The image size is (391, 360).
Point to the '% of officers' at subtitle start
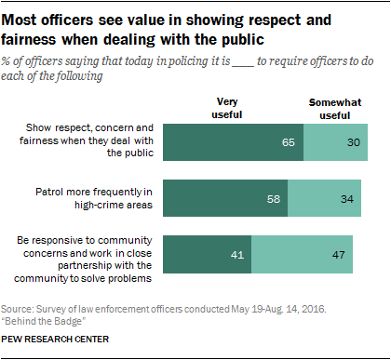click(x=34, y=61)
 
